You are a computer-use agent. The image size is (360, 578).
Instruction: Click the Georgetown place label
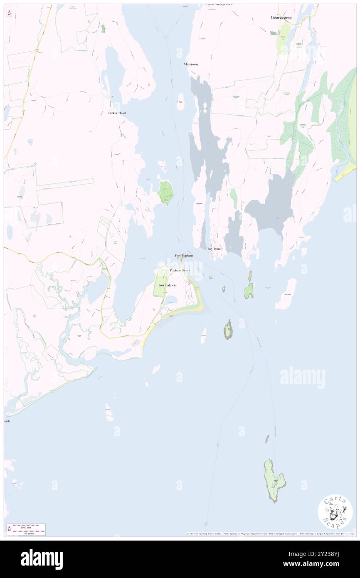[281, 18]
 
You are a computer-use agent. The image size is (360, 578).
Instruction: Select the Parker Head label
[117, 113]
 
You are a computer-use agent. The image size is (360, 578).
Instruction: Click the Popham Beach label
[180, 271]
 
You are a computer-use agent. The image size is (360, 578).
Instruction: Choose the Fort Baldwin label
[168, 285]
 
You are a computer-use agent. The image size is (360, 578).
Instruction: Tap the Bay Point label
[214, 249]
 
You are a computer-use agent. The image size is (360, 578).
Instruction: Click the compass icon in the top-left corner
[10, 13]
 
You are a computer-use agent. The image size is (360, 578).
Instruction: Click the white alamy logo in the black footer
[42, 559]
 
